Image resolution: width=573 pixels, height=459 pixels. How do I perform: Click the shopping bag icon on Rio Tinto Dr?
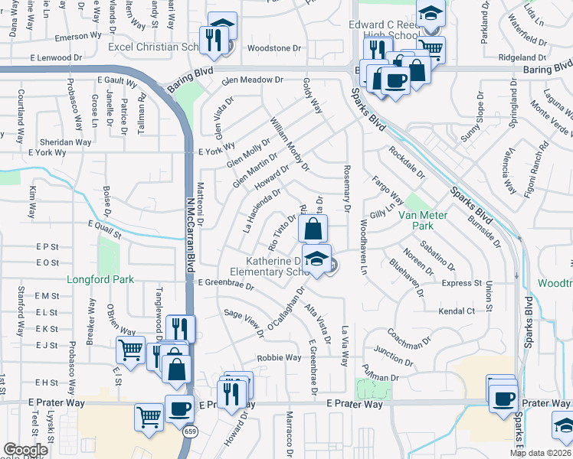[313, 229]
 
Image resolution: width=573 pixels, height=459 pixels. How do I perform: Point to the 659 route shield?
[188, 432]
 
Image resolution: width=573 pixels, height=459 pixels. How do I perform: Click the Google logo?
[26, 450]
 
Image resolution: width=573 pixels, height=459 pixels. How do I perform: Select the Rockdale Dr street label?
[406, 162]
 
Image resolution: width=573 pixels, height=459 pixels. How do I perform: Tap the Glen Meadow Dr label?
[252, 80]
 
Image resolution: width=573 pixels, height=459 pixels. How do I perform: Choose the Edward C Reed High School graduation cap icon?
[431, 13]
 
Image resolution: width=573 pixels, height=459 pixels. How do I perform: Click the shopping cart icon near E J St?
[130, 351]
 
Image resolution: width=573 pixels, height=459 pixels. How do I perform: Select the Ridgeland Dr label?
[522, 57]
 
